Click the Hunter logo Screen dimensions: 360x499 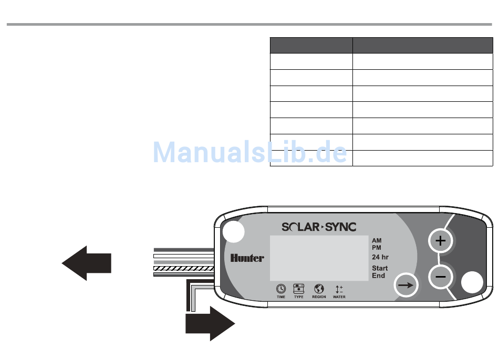(247, 258)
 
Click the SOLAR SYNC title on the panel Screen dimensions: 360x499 (319, 227)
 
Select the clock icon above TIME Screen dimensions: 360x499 (281, 289)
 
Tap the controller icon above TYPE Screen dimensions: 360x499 (298, 289)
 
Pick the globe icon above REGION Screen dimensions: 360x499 (319, 289)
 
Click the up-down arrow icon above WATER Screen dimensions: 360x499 (339, 289)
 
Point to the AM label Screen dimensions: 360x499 (377, 240)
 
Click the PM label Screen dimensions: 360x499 (377, 247)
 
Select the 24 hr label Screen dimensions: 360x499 (380, 257)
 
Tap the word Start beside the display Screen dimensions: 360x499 (380, 268)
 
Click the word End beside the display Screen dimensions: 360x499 (378, 276)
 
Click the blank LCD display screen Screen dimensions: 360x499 (318, 258)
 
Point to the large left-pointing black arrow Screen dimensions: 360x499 (87, 262)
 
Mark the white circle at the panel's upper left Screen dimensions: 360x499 (233, 232)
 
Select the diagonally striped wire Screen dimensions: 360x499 (183, 268)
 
